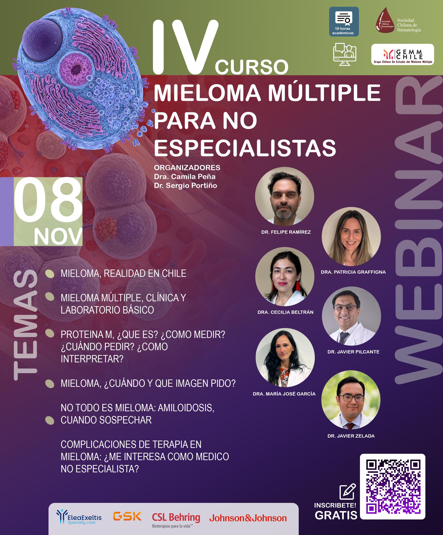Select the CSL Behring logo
tap(176, 520)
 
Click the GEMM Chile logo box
tap(403, 54)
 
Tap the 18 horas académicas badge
tap(344, 22)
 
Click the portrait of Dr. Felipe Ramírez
tap(285, 196)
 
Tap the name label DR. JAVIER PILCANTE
tap(353, 352)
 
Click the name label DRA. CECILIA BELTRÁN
tap(285, 312)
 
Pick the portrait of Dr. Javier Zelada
tap(351, 400)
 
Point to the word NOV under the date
tap(58, 236)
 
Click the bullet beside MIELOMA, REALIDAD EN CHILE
tap(50, 274)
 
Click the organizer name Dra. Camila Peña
tap(185, 176)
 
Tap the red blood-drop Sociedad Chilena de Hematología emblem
tap(385, 20)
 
